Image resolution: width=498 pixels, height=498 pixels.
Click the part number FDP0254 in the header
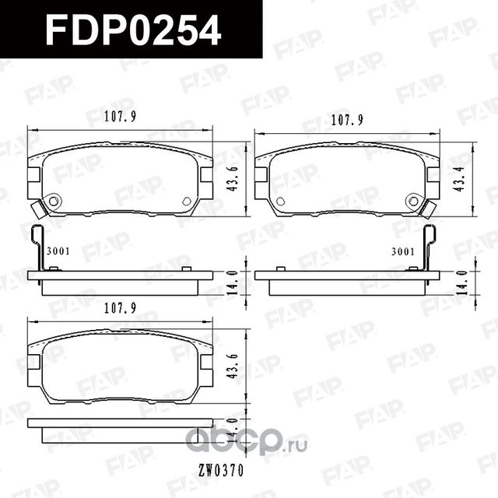pos(132,30)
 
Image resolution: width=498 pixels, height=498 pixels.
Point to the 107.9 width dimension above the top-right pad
pos(349,121)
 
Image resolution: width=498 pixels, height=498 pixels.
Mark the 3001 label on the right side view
pos(402,251)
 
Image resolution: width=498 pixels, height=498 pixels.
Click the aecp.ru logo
pos(249,441)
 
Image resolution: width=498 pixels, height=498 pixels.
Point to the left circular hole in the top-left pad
pos(54,202)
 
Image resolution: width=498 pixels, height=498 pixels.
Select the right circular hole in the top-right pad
pos(414,202)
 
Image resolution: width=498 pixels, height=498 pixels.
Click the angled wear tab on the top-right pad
pos(427,209)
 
